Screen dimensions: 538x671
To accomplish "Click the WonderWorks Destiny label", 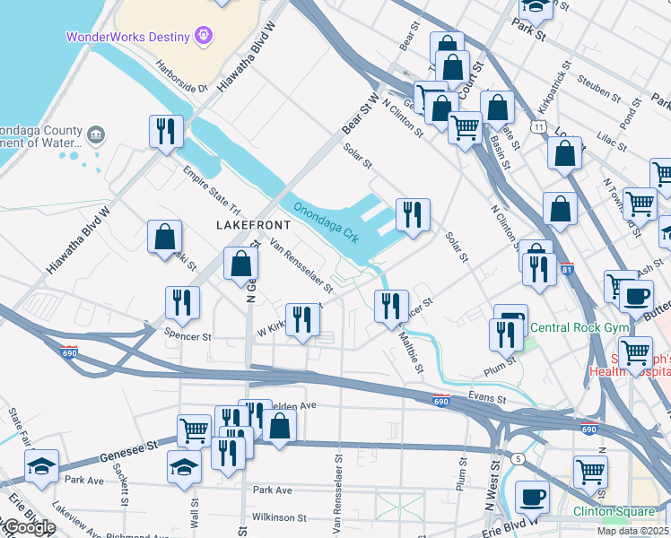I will pos(127,37).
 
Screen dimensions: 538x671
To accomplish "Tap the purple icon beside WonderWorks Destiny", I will pos(205,36).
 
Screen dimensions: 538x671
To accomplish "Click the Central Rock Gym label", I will pos(579,328).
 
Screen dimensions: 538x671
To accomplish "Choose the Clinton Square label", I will pos(614,511).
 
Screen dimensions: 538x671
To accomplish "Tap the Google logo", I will pos(29,527).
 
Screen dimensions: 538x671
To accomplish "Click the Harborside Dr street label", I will pos(181,75).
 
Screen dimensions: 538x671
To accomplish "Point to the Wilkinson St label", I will pos(280,518).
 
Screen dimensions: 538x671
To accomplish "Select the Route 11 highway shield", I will pos(536,128).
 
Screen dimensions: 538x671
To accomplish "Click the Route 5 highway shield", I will pos(517,459).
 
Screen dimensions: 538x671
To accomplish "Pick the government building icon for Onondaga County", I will pos(96,135).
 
